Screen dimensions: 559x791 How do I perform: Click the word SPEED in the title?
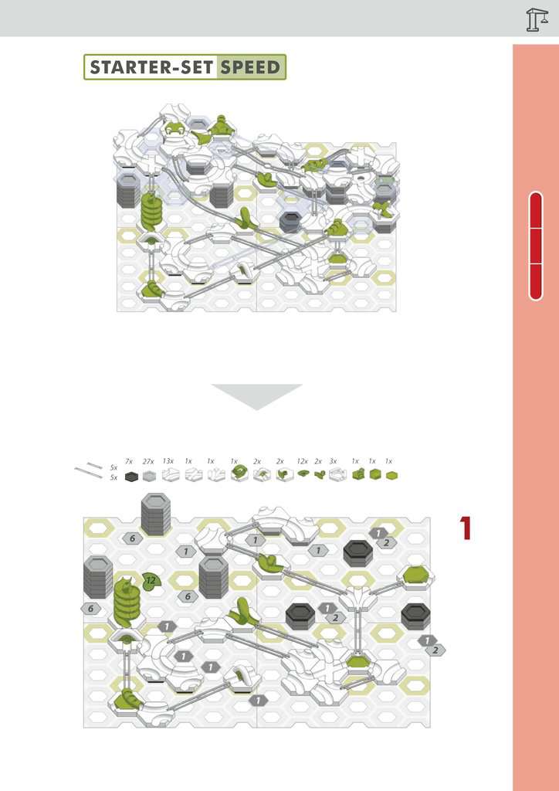(250, 67)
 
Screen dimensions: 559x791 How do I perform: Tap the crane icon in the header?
(537, 19)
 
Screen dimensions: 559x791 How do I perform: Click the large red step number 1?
(466, 528)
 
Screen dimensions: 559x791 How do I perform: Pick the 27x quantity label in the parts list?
(148, 461)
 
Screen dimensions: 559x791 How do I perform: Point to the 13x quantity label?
(168, 461)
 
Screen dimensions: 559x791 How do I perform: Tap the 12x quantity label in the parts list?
(303, 461)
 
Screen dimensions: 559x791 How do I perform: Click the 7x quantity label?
(129, 461)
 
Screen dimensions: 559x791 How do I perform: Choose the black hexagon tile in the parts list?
(131, 476)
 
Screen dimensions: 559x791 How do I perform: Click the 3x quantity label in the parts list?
(334, 461)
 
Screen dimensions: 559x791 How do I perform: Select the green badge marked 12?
(151, 581)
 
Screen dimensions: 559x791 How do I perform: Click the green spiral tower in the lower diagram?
(127, 603)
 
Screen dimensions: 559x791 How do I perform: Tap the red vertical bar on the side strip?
(536, 246)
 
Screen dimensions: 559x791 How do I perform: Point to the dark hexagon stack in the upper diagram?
(290, 222)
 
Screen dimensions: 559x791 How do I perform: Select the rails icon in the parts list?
(89, 470)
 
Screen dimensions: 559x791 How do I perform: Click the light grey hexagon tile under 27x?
(149, 476)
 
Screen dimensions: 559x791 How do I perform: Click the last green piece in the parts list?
(391, 475)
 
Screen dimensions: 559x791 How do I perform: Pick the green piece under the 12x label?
(303, 474)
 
